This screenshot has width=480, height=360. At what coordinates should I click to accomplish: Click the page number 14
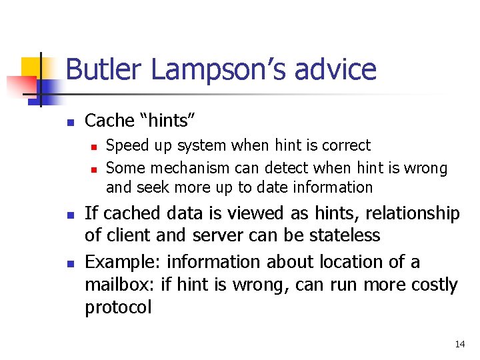pos(459,344)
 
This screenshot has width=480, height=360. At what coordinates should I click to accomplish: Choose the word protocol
pos(118,308)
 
